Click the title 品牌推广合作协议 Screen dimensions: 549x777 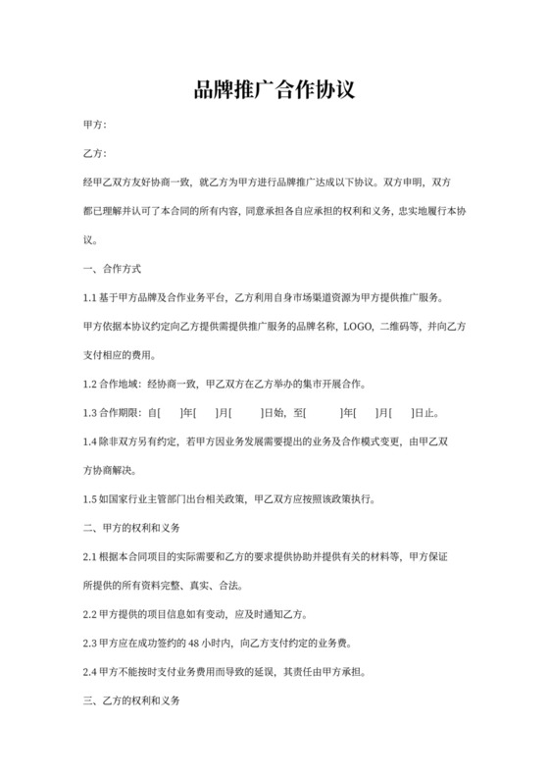click(x=274, y=91)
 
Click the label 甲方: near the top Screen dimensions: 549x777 click(x=95, y=126)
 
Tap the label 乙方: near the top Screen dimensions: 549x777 click(x=95, y=154)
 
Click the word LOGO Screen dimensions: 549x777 click(x=358, y=327)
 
